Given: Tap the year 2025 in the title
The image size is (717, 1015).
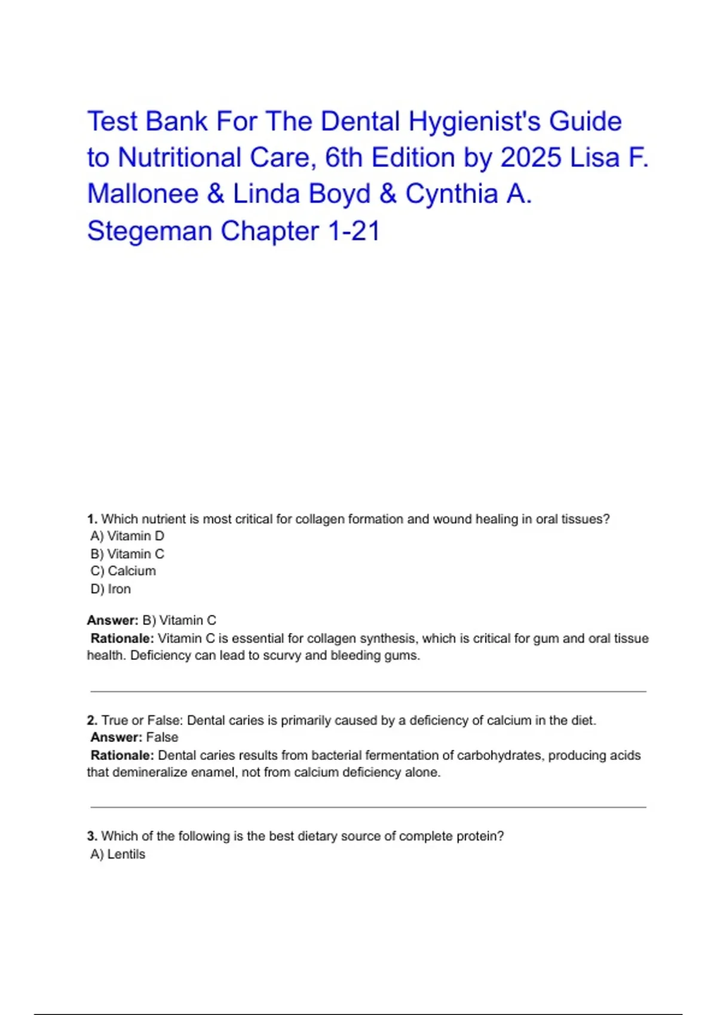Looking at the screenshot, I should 531,158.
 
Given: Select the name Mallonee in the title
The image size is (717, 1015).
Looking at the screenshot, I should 143,194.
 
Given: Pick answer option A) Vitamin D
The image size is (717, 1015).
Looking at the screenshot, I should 127,536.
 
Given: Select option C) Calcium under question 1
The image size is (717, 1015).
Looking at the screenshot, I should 123,571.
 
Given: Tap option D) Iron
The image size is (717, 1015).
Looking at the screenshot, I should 111,589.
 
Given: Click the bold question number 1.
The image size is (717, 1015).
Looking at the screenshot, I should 92,519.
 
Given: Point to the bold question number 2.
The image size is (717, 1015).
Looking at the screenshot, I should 92,721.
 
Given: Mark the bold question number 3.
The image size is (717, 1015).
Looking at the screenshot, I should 92,836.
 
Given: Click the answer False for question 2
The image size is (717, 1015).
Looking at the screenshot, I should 162,737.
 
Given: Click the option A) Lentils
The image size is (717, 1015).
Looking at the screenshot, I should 118,854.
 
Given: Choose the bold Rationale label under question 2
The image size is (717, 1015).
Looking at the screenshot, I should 122,755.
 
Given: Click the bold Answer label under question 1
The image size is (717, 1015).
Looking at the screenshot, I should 112,620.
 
